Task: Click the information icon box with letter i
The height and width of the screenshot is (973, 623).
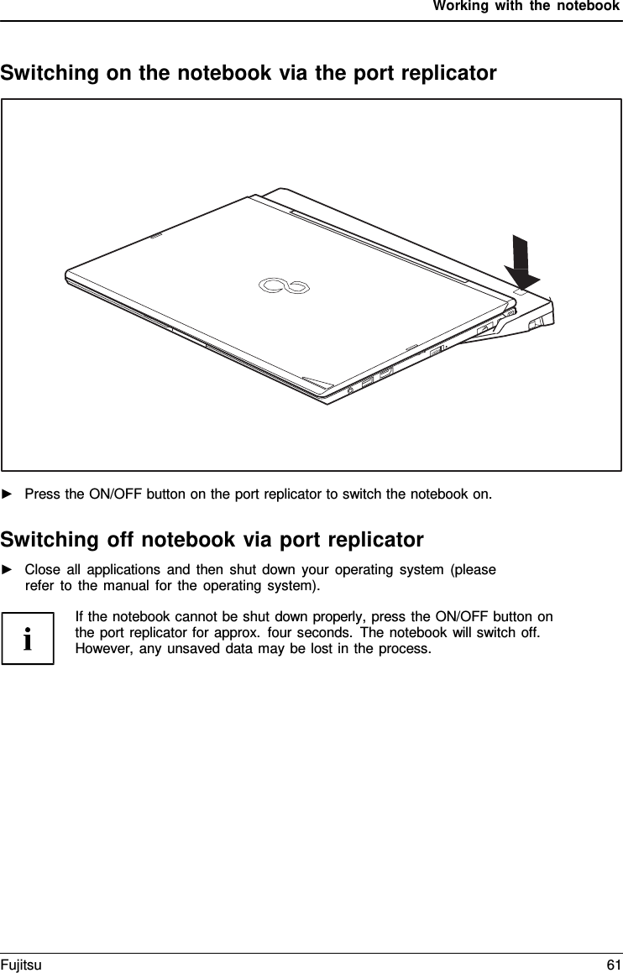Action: tap(28, 638)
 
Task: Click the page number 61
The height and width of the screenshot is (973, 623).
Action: tap(613, 965)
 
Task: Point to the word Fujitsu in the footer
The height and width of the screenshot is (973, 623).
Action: tap(21, 965)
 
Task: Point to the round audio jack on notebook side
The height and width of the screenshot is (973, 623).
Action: tap(350, 390)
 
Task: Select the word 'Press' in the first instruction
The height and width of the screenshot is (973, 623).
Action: tap(42, 493)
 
